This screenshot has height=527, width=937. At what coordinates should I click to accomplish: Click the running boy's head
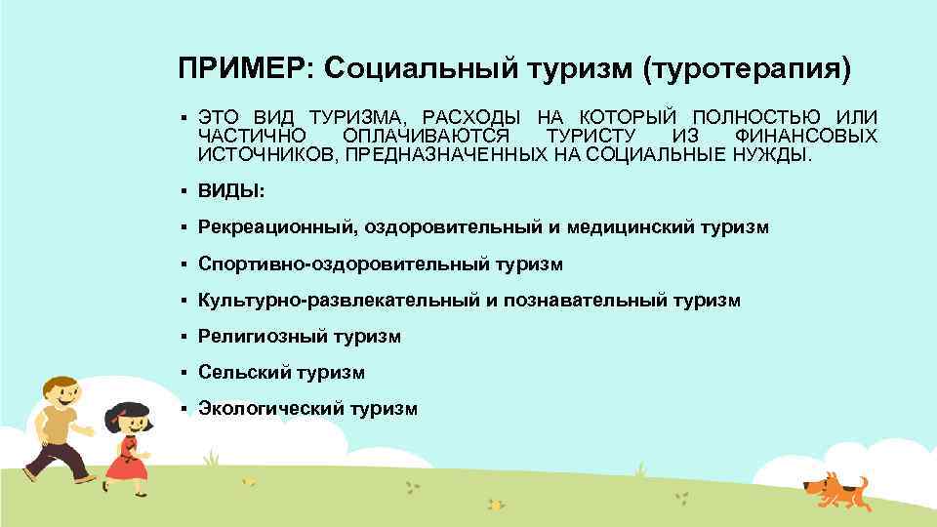click(60, 391)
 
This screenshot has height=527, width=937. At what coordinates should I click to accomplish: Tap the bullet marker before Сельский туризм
click(183, 372)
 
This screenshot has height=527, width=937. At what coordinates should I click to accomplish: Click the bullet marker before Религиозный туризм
click(183, 336)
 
